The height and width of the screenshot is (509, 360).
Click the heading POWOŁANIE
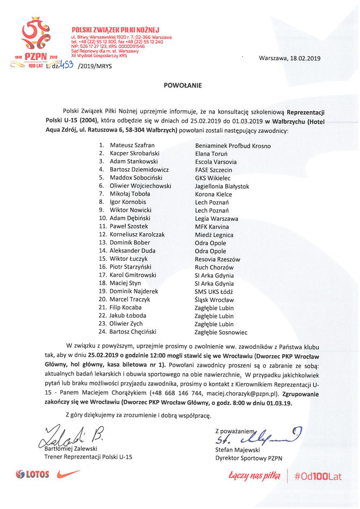(180, 85)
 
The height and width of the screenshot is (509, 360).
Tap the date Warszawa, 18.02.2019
(289, 58)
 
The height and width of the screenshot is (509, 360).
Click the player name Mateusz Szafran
(132, 146)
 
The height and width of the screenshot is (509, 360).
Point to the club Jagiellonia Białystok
(221, 186)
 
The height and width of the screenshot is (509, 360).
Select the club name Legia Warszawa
(216, 219)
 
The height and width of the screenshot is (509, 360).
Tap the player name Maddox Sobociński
(136, 178)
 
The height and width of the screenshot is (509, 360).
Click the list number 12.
(102, 234)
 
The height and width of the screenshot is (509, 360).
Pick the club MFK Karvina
(211, 227)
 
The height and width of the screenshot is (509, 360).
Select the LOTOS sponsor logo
(32, 475)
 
